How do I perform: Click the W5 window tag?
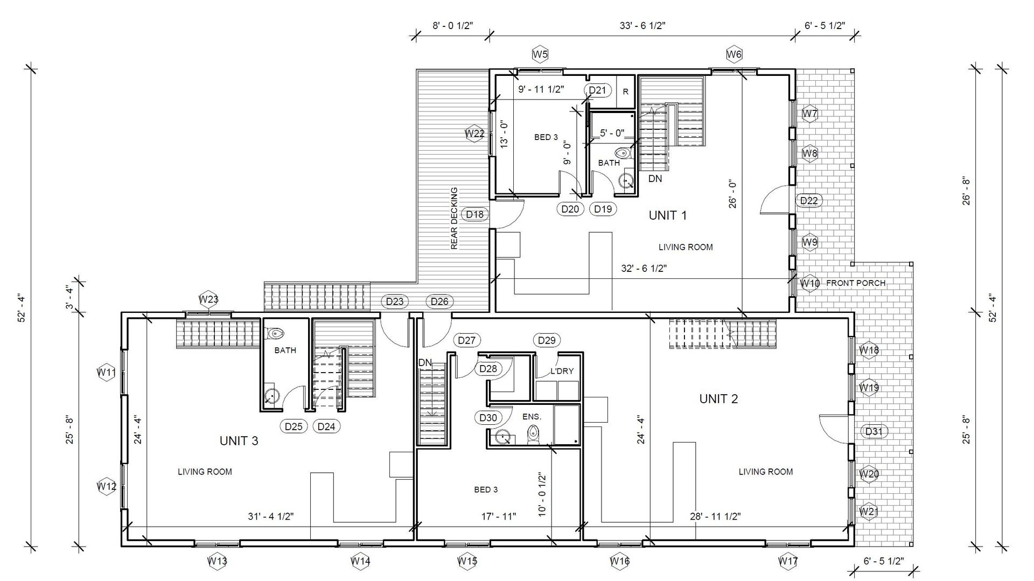[540, 54]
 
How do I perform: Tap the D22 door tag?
[809, 201]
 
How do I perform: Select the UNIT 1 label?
[668, 215]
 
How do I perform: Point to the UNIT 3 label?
[239, 441]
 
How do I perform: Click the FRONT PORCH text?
[856, 283]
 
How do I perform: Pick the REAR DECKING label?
[454, 219]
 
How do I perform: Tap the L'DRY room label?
[562, 371]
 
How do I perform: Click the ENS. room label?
[532, 417]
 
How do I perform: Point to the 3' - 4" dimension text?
[69, 297]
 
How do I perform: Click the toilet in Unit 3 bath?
[275, 333]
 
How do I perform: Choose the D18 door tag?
[475, 214]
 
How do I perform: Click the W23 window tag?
[208, 299]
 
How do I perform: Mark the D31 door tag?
[874, 431]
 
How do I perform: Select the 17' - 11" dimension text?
[499, 516]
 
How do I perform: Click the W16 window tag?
[620, 561]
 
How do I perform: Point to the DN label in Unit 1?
[655, 178]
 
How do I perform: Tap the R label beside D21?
[626, 92]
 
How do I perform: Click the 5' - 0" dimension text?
[612, 132]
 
